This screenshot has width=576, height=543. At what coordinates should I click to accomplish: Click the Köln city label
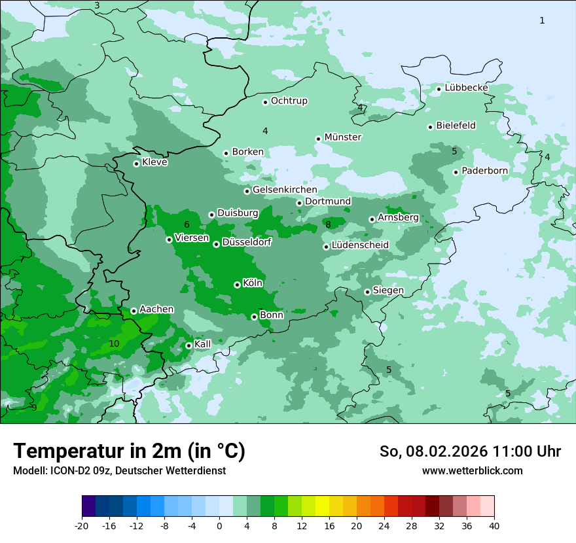click(252, 283)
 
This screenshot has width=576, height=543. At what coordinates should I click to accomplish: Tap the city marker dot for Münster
click(318, 139)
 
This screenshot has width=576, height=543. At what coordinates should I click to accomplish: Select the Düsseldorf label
click(246, 242)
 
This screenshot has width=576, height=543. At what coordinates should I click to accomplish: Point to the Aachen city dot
click(134, 311)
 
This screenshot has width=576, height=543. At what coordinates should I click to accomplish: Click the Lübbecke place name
click(466, 88)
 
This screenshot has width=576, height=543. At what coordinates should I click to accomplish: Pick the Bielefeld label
click(456, 125)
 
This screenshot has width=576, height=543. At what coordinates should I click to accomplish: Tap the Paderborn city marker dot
click(456, 172)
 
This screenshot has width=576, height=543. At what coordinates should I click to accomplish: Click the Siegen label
click(388, 290)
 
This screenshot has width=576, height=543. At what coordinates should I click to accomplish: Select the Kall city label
click(202, 343)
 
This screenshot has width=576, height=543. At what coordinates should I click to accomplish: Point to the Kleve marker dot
click(136, 164)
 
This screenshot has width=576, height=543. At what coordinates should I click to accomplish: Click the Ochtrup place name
click(289, 101)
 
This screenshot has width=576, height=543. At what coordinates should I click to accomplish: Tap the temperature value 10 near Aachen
click(114, 343)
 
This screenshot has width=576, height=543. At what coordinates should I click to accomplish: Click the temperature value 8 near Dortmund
click(328, 225)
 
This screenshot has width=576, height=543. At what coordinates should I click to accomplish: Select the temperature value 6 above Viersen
click(187, 225)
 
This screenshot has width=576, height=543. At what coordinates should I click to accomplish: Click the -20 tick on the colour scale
click(82, 526)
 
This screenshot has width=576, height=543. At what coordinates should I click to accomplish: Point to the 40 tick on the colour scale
click(494, 526)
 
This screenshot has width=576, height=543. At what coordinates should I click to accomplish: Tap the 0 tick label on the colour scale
click(219, 526)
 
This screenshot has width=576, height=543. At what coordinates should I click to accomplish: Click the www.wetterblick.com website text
click(472, 470)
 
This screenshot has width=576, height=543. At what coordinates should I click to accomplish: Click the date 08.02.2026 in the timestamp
click(442, 451)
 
